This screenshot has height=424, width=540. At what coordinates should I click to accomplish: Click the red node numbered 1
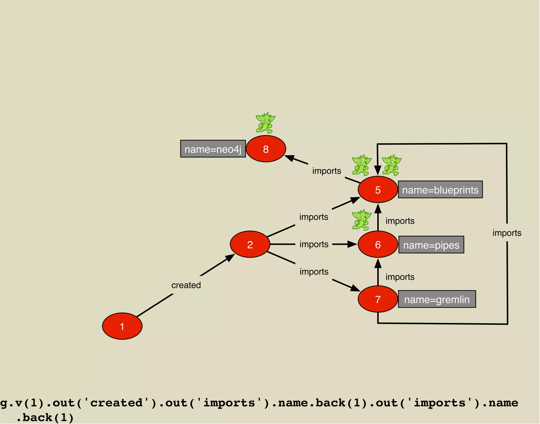[122, 326]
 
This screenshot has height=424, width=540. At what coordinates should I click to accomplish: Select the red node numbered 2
[250, 244]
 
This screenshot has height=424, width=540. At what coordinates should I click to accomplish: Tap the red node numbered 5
[378, 190]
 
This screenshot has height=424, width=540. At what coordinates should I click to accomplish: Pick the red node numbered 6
[378, 245]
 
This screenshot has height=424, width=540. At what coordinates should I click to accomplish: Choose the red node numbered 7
[378, 299]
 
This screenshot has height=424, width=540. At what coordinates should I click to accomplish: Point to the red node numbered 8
[266, 149]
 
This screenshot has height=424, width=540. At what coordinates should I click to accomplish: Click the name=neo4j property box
[213, 149]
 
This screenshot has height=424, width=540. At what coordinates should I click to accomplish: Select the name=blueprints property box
[440, 189]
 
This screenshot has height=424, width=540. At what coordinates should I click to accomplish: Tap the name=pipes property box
[431, 245]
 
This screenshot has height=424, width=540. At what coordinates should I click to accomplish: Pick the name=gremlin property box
[437, 299]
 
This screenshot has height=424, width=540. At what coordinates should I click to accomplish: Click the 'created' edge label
[186, 285]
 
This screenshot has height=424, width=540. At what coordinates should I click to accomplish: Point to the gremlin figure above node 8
[265, 123]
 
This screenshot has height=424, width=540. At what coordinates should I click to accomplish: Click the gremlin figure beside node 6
[361, 220]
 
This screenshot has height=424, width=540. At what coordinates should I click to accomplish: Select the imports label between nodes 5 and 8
[327, 171]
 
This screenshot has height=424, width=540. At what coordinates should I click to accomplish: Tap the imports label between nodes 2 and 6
[314, 244]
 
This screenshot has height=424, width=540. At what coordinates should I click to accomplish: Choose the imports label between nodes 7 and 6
[400, 277]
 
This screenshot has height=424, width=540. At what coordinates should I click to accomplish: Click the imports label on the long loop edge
[507, 233]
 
